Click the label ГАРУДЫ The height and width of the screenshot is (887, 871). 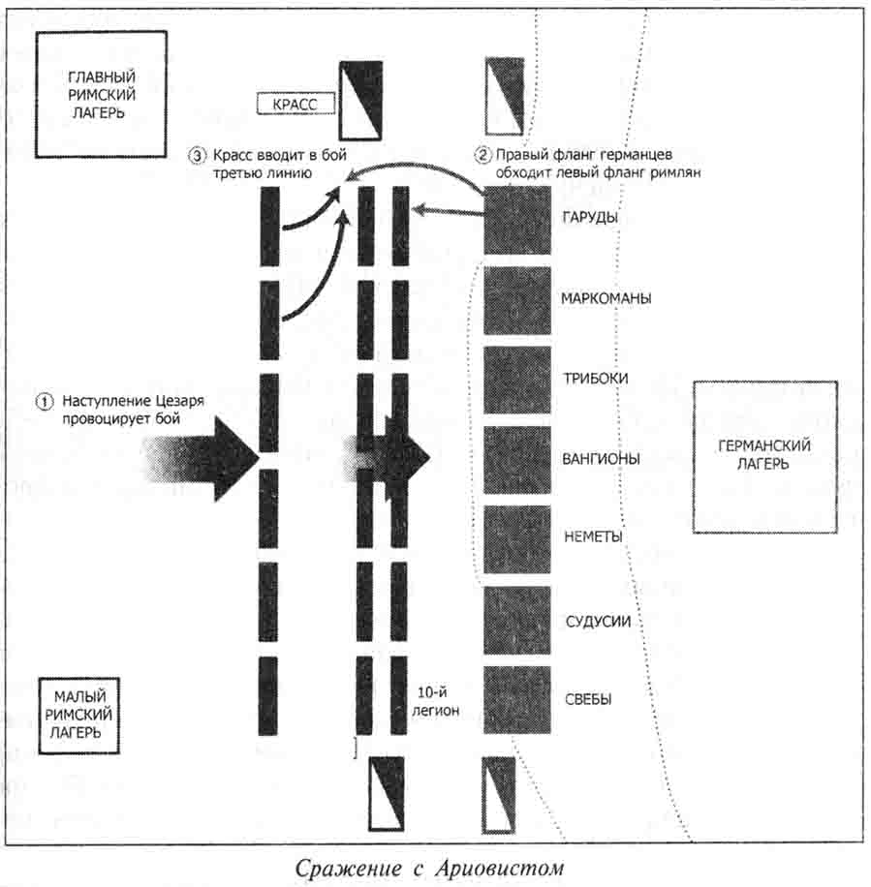tap(590, 218)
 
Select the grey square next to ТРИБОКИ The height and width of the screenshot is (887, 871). tap(517, 380)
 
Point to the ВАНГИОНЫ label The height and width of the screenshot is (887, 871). tap(600, 459)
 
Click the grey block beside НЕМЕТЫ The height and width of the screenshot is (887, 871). tap(517, 538)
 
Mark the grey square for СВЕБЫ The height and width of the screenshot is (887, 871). tap(517, 699)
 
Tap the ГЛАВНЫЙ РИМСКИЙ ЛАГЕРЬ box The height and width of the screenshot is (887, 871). tap(101, 94)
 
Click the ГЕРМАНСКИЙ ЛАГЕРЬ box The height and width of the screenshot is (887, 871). tap(763, 456)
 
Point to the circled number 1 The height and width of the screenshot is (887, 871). tap(44, 401)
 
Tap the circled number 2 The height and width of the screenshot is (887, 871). tap(483, 154)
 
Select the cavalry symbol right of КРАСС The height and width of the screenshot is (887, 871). tap(360, 100)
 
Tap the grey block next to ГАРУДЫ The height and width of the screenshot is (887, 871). tap(517, 221)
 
